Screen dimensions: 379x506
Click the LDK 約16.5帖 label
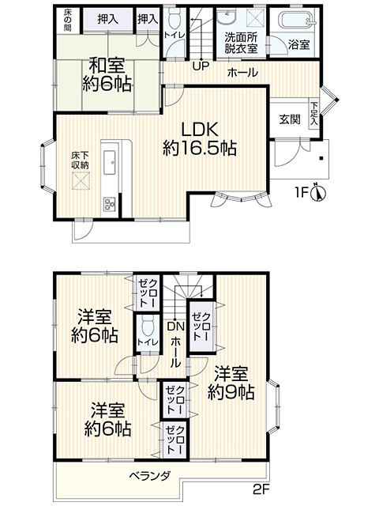click(x=200, y=139)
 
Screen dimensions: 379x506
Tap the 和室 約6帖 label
click(x=107, y=74)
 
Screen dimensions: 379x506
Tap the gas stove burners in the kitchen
click(x=110, y=204)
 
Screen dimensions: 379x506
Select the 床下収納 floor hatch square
click(x=81, y=181)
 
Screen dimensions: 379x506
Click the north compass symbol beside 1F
click(x=318, y=193)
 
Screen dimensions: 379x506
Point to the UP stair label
click(x=201, y=66)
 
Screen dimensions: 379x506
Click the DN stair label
click(x=175, y=327)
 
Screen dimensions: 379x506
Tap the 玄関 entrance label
click(x=290, y=119)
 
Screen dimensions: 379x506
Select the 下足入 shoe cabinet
click(x=314, y=114)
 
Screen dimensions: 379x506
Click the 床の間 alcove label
click(x=67, y=21)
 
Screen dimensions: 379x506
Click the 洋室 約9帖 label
click(x=231, y=383)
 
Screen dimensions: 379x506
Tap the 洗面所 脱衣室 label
click(x=241, y=43)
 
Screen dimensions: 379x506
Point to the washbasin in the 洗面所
click(x=228, y=17)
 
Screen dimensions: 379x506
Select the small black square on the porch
click(x=321, y=158)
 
